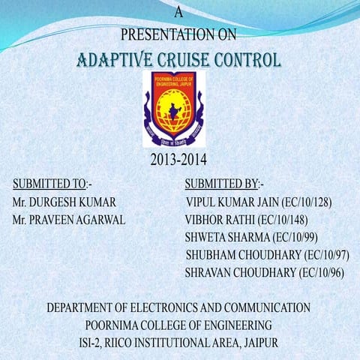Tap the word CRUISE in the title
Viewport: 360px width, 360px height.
184,59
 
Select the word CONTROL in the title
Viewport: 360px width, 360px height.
247,59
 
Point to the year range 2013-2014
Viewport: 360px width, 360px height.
178,160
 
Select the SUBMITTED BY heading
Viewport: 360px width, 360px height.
220,184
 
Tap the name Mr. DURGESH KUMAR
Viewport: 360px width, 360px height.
64,202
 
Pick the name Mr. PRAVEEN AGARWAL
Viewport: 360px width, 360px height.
69,220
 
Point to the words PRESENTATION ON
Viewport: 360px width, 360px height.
178,34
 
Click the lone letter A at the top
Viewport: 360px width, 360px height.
178,12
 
